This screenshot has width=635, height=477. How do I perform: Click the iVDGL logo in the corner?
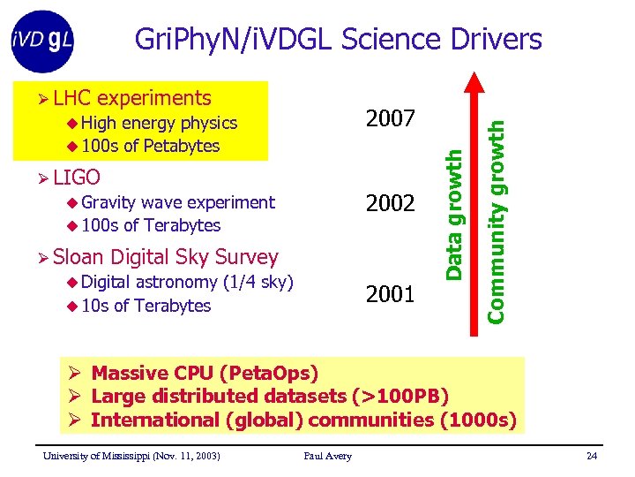pyautogui.click(x=42, y=40)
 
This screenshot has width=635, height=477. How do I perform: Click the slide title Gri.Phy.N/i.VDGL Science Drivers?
pyautogui.click(x=338, y=39)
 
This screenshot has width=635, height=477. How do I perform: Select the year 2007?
pyautogui.click(x=389, y=117)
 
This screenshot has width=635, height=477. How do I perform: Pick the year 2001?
pyautogui.click(x=389, y=292)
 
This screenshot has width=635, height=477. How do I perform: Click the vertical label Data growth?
pyautogui.click(x=453, y=215)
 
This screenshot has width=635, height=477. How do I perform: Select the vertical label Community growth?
pyautogui.click(x=497, y=221)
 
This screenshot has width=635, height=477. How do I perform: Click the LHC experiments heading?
pyautogui.click(x=132, y=98)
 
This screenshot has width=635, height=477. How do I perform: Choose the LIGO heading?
pyautogui.click(x=76, y=177)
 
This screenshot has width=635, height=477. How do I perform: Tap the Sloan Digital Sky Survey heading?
pyautogui.click(x=165, y=257)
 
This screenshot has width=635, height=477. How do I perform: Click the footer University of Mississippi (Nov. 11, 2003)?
pyautogui.click(x=131, y=456)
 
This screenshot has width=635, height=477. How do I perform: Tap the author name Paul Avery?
pyautogui.click(x=327, y=456)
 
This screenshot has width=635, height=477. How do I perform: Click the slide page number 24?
pyautogui.click(x=591, y=456)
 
